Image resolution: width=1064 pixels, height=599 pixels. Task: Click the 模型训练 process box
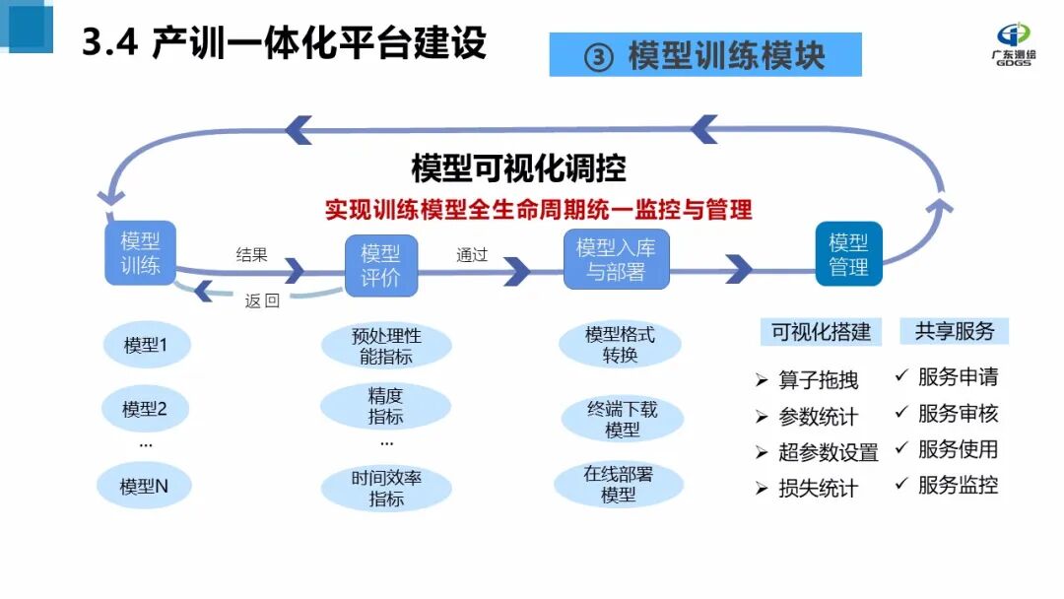pos(140,253)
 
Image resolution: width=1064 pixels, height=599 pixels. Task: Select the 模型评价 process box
pos(381,265)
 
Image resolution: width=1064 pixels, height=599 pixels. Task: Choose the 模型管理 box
pos(848,254)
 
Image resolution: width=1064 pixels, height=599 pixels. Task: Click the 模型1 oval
pos(145,346)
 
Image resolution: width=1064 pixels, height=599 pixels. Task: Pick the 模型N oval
pos(145,486)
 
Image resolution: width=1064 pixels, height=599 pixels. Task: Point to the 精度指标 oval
pos(385,406)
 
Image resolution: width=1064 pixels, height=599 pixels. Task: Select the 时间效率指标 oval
pos(385,489)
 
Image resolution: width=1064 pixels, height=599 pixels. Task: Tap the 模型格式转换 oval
pos(620,345)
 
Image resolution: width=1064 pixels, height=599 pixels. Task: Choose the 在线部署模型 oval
pos(619,485)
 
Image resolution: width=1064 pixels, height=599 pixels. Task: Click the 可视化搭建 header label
pos(822,332)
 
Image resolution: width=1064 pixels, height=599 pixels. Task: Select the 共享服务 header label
pos(955,331)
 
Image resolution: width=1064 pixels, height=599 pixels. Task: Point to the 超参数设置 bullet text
pos(828,452)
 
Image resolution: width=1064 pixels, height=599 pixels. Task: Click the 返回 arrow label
pos(262,301)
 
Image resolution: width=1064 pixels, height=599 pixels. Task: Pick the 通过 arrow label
pos(472,254)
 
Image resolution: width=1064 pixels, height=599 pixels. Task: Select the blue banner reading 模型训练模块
pos(705,55)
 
